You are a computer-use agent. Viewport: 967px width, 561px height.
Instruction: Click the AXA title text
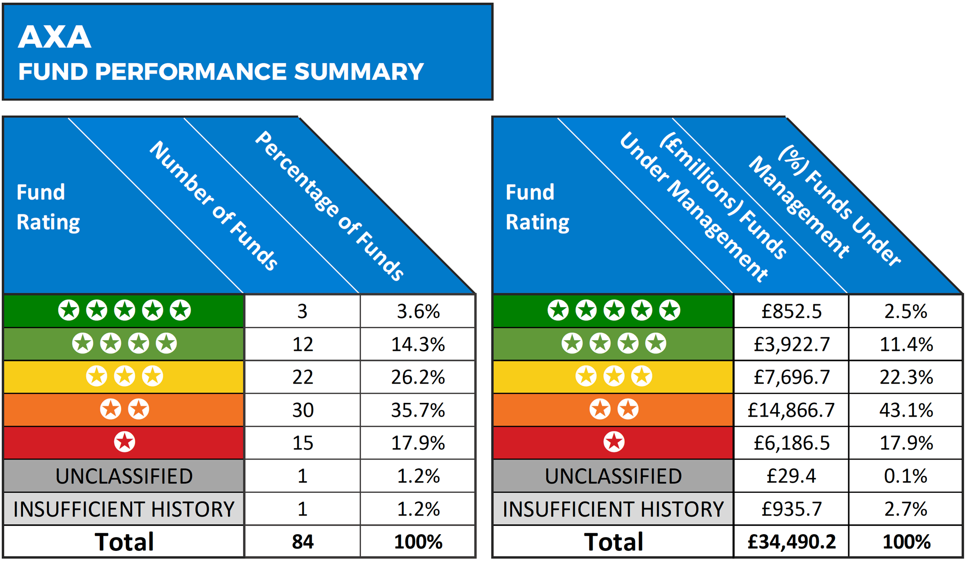point(54,37)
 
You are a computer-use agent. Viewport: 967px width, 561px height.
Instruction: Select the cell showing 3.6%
point(418,312)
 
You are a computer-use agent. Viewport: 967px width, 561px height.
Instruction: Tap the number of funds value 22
point(303,378)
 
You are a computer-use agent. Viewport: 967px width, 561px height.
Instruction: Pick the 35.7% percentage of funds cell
point(418,410)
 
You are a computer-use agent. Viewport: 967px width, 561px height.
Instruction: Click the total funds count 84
point(303,542)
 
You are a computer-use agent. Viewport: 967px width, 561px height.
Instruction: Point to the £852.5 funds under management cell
point(791,312)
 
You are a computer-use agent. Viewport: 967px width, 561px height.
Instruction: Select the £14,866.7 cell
point(791,410)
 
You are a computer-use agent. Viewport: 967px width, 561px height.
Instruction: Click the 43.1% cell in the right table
point(906,410)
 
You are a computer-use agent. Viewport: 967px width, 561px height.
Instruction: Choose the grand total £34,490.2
point(791,542)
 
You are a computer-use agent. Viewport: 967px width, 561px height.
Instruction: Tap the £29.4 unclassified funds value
point(791,476)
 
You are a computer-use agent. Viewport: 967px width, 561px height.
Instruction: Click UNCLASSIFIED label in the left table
point(124,476)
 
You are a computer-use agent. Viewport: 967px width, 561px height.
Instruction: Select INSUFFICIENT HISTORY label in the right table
point(613,509)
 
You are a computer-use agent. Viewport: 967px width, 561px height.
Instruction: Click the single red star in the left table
point(124,442)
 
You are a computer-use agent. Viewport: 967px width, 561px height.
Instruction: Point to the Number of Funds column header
point(214,206)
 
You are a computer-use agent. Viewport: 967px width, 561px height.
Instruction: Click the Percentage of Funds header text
point(329,206)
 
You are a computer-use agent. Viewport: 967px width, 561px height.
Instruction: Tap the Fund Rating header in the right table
point(537,207)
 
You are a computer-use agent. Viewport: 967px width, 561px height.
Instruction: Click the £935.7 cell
point(791,509)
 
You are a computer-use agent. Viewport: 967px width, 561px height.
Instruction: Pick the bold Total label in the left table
point(124,542)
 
